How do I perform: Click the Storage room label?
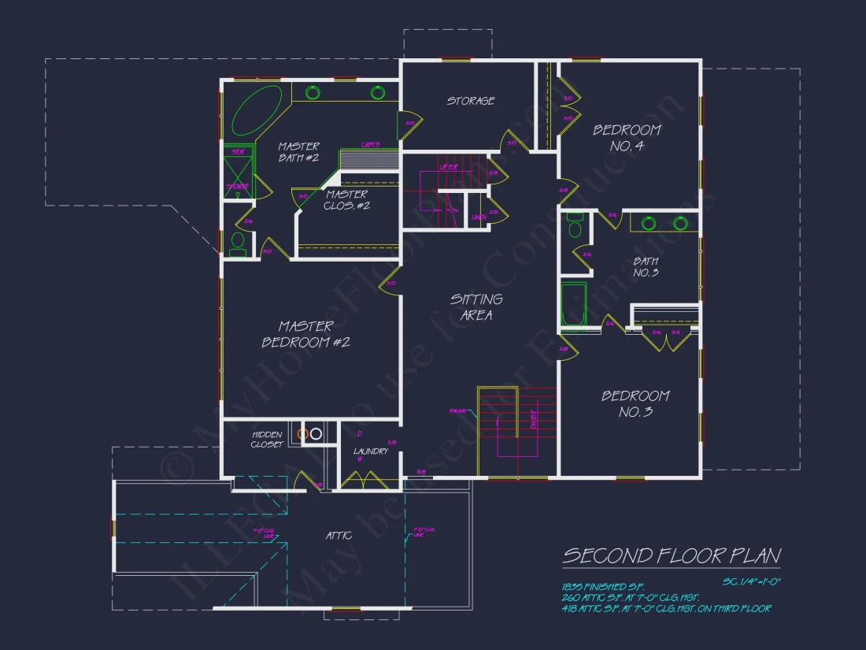[471, 101]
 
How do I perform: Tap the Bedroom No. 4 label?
[627, 137]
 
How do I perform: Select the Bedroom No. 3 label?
[635, 403]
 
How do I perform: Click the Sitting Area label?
[476, 306]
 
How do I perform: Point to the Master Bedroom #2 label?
[305, 334]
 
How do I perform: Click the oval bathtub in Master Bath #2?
[257, 110]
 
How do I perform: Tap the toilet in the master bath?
[237, 243]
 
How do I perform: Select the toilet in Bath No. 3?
[575, 228]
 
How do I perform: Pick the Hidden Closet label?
[267, 440]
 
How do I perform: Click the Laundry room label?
[370, 451]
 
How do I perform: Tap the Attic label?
[339, 536]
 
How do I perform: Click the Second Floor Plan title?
[672, 555]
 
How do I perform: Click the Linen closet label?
[477, 217]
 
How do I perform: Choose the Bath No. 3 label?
[646, 266]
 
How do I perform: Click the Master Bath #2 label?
[298, 152]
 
